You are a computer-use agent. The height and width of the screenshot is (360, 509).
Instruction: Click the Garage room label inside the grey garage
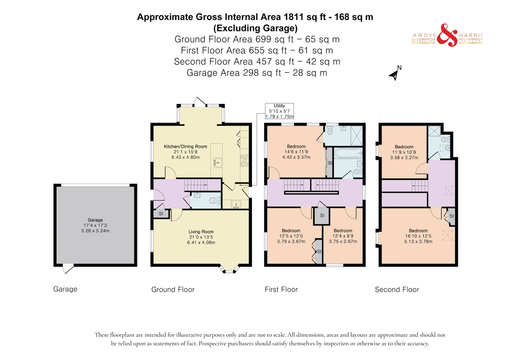click(x=95, y=220)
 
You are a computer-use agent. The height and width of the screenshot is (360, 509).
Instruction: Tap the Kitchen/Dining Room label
click(x=185, y=146)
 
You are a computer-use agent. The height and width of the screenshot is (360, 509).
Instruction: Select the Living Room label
click(x=201, y=232)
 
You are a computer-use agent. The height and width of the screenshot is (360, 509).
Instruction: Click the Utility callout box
click(x=279, y=111)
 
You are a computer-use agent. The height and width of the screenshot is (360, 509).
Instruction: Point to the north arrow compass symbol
click(x=395, y=74)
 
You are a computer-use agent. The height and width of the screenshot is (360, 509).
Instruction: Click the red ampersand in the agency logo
click(x=447, y=35)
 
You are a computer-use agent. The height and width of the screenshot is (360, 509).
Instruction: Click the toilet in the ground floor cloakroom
click(x=215, y=201)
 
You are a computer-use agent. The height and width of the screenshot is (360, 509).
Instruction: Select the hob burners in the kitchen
click(x=244, y=160)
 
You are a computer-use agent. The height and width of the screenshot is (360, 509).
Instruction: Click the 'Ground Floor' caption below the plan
click(x=173, y=289)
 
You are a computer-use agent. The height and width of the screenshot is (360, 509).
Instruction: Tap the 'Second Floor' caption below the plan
click(x=397, y=289)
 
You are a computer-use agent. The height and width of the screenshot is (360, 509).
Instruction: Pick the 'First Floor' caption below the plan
click(x=281, y=289)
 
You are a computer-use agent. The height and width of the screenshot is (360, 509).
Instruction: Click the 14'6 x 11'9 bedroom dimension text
click(x=296, y=152)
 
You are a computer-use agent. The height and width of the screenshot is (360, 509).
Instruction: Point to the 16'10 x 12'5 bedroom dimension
click(x=418, y=236)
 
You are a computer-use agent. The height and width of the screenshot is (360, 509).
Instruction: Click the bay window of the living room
click(x=229, y=269)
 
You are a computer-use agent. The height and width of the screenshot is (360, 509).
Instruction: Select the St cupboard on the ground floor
click(x=161, y=214)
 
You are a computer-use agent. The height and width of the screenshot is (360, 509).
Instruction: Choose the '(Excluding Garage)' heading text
click(x=255, y=28)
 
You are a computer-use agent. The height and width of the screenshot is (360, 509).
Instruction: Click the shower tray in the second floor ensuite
click(x=434, y=131)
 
